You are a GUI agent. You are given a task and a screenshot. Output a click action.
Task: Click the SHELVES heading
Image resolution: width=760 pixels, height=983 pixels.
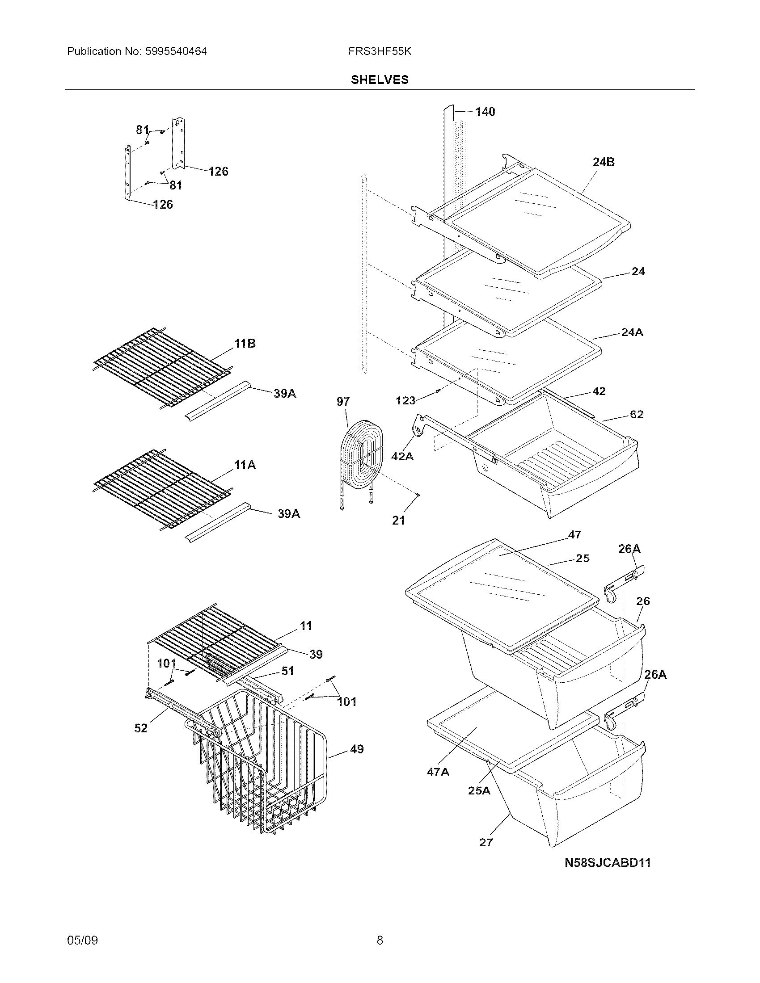click(x=380, y=80)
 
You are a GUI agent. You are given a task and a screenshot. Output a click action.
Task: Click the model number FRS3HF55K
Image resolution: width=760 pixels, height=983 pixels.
click(x=380, y=51)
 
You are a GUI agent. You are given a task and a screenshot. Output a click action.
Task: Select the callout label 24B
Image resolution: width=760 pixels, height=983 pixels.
click(x=604, y=162)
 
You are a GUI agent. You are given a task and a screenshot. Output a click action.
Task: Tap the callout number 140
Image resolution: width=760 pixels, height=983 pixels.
click(x=485, y=112)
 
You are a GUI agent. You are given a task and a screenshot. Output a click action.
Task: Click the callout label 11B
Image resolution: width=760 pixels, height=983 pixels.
click(x=245, y=344)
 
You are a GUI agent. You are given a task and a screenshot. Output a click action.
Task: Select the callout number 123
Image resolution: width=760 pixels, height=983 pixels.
click(x=405, y=400)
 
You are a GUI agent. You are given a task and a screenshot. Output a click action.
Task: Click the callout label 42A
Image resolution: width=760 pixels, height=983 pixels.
click(x=402, y=456)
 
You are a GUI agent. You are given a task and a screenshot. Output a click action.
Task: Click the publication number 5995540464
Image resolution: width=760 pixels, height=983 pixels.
click(x=176, y=51)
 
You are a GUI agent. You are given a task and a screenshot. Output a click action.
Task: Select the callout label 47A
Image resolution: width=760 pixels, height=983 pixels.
click(x=438, y=773)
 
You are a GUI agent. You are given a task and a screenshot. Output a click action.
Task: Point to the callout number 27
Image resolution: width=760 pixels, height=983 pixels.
click(x=486, y=843)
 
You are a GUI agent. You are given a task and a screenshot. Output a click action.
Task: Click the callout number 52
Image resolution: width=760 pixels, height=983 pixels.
click(x=141, y=728)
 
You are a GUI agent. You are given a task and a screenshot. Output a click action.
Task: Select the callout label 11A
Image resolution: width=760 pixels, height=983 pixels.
click(x=245, y=465)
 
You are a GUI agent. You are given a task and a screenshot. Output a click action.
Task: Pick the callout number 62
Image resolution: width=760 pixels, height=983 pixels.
click(x=636, y=414)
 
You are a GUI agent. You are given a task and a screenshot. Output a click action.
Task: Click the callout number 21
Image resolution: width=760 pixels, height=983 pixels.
click(x=398, y=521)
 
